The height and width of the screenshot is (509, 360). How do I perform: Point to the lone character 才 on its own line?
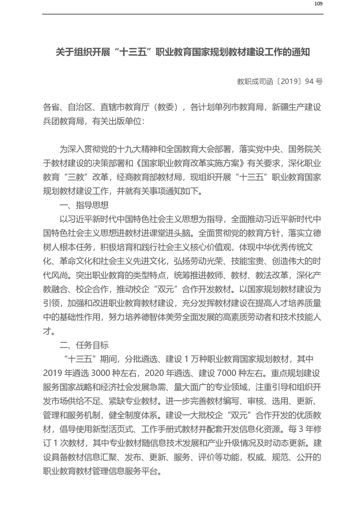coord(47,332)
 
